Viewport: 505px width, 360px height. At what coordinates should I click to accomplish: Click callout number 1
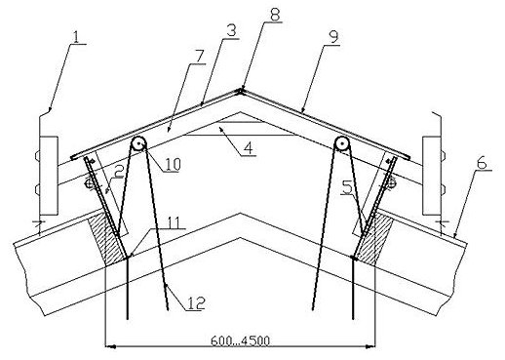click(76, 37)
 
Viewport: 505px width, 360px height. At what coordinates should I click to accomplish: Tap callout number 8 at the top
click(275, 15)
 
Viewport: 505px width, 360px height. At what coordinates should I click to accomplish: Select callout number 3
click(231, 32)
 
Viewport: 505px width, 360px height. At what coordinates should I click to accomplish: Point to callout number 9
click(332, 37)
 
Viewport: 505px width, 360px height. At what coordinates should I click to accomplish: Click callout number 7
click(198, 57)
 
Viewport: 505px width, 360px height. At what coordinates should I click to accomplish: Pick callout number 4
click(248, 148)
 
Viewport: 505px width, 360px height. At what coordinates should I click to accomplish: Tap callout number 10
click(172, 164)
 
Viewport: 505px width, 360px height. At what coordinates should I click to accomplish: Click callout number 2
click(119, 172)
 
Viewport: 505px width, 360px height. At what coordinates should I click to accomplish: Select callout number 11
click(174, 222)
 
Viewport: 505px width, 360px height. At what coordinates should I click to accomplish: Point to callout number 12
click(197, 303)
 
